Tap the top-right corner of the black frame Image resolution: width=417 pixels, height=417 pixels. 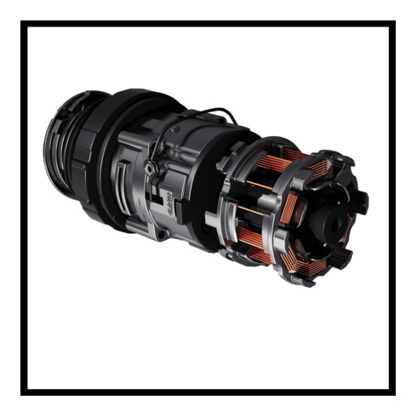click(392, 24)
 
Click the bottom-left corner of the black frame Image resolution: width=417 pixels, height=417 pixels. click(24, 392)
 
